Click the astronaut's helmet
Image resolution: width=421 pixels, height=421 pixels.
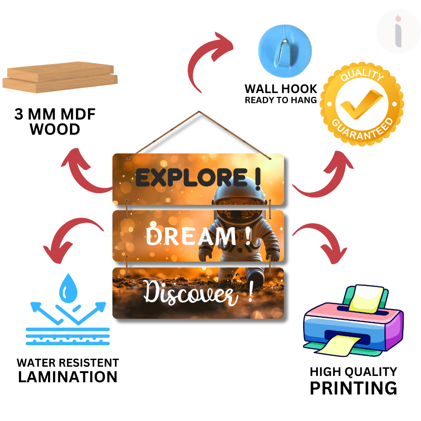pyautogui.click(x=240, y=198)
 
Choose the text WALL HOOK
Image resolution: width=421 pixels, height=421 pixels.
pyautogui.click(x=281, y=89)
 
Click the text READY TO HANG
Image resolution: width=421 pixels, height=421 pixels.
pyautogui.click(x=281, y=100)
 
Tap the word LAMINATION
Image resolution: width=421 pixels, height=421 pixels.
pyautogui.click(x=68, y=377)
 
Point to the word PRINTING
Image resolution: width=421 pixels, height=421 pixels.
pyautogui.click(x=353, y=388)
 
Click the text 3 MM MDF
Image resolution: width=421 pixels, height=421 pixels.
pyautogui.click(x=55, y=114)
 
